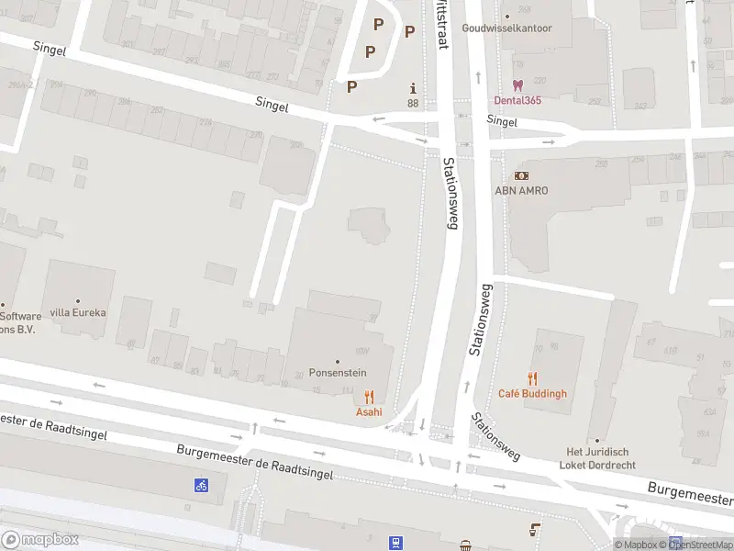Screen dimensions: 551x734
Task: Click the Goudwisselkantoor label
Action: (507, 28)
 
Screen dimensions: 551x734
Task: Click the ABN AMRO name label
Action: (521, 190)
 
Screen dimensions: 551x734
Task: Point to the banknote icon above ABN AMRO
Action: (521, 174)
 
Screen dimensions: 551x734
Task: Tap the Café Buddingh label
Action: (532, 393)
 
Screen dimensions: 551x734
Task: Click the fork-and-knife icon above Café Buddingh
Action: (532, 377)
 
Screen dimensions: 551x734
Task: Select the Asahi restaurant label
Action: (369, 411)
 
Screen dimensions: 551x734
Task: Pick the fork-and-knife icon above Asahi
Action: (369, 396)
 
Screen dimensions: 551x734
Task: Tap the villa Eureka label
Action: (78, 312)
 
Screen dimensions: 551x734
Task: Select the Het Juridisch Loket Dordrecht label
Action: (596, 457)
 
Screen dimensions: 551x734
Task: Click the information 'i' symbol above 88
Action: (413, 88)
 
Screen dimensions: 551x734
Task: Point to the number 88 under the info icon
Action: (413, 103)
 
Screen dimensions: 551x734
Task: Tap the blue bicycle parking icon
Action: (200, 485)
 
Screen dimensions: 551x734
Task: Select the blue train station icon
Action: (395, 543)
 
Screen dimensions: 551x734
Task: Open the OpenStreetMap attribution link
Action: (705, 545)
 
